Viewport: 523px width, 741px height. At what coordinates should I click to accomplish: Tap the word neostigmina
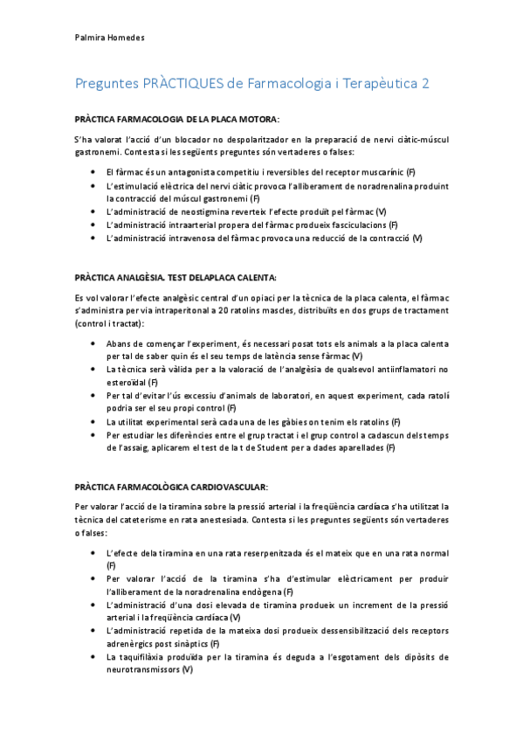pyautogui.click(x=213, y=211)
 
